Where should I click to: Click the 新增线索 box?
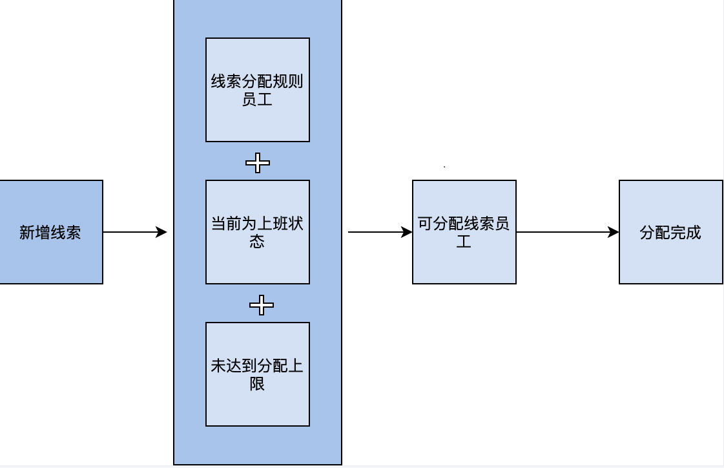51,232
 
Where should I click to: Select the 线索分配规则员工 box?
257,90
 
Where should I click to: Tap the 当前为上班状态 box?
257,232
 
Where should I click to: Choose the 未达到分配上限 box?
257,374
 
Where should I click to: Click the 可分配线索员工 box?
464,232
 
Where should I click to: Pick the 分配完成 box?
670,232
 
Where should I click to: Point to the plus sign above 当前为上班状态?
258,163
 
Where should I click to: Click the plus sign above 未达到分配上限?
261,304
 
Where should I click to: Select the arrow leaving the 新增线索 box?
132,232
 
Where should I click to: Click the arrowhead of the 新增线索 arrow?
161,232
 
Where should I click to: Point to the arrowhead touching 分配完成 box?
614,232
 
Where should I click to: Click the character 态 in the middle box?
257,242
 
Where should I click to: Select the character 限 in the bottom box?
257,384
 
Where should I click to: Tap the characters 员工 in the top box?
257,100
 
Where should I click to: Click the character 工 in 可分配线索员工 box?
464,242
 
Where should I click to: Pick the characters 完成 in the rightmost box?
686,233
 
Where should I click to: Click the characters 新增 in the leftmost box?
35,233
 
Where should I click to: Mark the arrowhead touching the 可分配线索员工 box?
407,232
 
